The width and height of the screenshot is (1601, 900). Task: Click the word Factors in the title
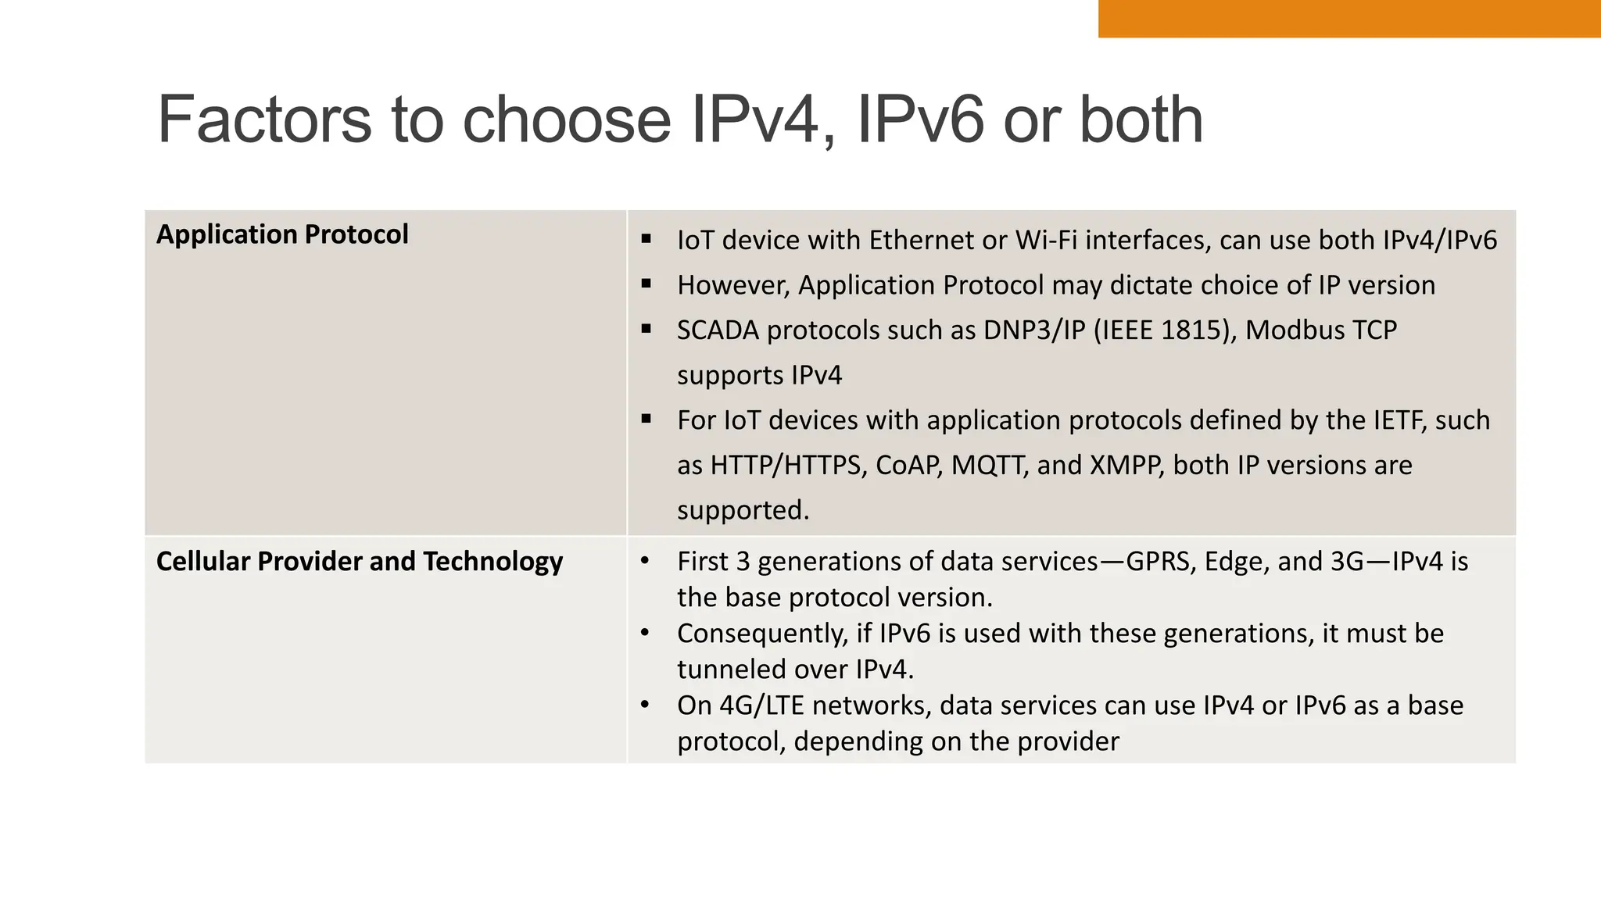(264, 120)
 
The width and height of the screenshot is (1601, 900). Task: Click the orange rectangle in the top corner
(1348, 18)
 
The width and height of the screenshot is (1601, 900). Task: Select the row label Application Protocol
(282, 234)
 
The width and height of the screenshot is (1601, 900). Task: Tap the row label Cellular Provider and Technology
(359, 561)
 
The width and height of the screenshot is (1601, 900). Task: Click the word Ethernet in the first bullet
(922, 240)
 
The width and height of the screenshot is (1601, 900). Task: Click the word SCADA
(718, 330)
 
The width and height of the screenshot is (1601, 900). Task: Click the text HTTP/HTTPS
(787, 465)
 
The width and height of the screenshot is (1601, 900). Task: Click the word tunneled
(731, 669)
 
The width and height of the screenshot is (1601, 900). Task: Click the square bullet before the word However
(646, 284)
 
